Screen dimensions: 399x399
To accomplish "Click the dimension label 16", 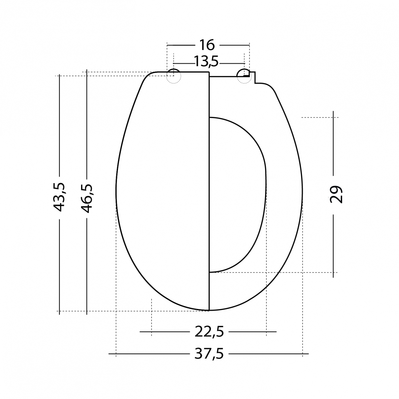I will click(x=207, y=45).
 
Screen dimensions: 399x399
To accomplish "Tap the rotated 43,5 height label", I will click(x=60, y=197).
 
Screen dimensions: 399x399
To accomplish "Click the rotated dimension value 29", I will click(x=335, y=194).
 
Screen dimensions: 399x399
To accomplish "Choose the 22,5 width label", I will click(x=208, y=332).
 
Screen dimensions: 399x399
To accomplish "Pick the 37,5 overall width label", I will click(x=208, y=354).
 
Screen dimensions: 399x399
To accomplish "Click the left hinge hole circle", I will click(x=174, y=75).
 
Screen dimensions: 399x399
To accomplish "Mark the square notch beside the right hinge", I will click(x=253, y=77).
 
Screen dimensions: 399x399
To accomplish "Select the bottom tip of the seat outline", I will click(x=209, y=310).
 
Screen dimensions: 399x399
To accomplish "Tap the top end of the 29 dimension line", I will click(x=333, y=113).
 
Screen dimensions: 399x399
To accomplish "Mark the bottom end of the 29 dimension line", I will click(x=333, y=277).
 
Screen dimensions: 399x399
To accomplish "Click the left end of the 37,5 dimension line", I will click(x=110, y=354).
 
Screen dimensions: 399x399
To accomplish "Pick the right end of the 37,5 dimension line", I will click(x=308, y=354).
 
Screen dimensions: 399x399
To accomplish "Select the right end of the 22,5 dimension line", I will click(x=276, y=332).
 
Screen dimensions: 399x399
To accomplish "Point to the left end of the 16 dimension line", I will click(x=167, y=45).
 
